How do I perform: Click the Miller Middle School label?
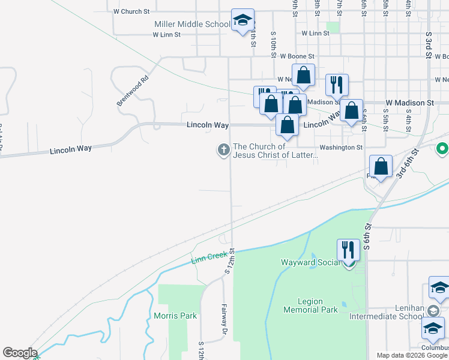[x=192, y=24]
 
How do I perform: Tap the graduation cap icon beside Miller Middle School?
[x=243, y=20]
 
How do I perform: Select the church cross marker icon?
[x=223, y=150]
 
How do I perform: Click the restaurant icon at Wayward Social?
[x=348, y=249]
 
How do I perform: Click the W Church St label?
[x=131, y=11]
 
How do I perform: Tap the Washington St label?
[x=341, y=147]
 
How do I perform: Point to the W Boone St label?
[x=296, y=56]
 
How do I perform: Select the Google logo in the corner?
[x=20, y=353]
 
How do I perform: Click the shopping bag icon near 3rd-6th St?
[x=381, y=167]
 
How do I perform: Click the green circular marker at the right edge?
[x=443, y=148]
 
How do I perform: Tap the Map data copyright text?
[x=412, y=355]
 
